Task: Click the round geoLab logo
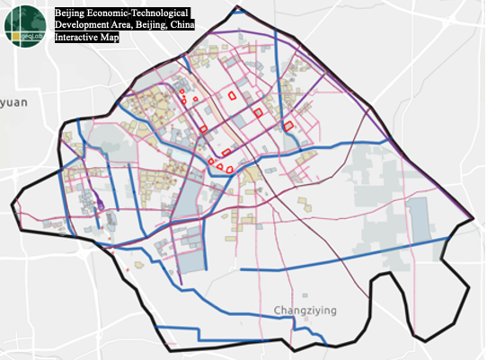tap(26, 25)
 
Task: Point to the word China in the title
tap(215, 27)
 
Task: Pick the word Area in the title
tap(129, 27)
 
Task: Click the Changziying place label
tap(305, 311)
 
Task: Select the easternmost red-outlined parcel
tap(288, 127)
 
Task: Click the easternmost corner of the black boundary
tap(473, 219)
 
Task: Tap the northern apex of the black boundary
tap(237, 7)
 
